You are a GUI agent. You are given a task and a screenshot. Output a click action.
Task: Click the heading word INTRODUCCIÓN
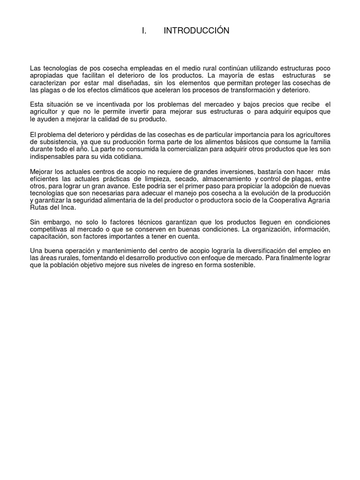coord(196,31)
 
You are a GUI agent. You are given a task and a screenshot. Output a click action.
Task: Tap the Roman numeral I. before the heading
coord(144,31)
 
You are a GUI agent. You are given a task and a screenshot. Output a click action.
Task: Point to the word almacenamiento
coord(226,179)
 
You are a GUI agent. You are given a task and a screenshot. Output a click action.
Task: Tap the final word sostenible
coord(238,265)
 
